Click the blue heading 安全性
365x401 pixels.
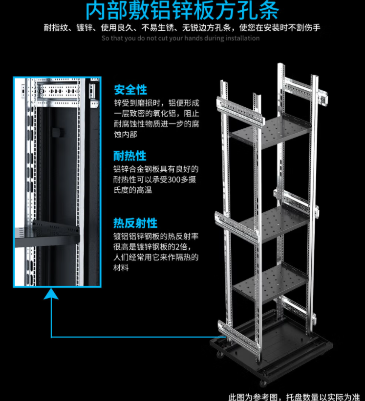click(x=130, y=90)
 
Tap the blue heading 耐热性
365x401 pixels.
click(x=130, y=156)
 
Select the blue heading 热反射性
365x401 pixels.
click(x=135, y=223)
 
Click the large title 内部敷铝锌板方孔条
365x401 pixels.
click(x=182, y=11)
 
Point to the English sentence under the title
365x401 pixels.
click(x=181, y=39)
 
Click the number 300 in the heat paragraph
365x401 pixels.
click(x=174, y=180)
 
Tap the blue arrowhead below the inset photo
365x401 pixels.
click(x=51, y=294)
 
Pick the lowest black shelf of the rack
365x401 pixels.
click(x=270, y=282)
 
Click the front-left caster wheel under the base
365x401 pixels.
click(x=220, y=354)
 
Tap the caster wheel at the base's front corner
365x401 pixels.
click(x=263, y=383)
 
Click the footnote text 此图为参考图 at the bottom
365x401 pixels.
click(x=253, y=397)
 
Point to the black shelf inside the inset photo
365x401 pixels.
click(x=47, y=234)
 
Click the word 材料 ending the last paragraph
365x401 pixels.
click(x=121, y=268)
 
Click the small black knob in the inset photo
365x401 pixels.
click(x=57, y=133)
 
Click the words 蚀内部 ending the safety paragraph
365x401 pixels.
click(x=126, y=134)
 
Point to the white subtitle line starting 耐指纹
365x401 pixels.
click(x=182, y=28)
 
